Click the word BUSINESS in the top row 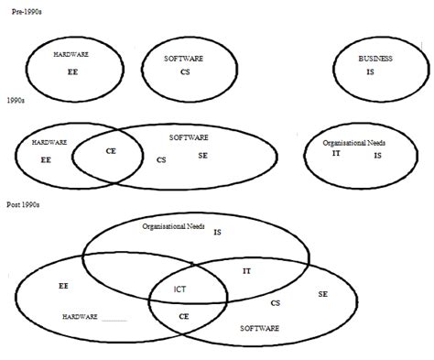375,59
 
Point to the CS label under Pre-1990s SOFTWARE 185,71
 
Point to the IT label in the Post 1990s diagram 246,271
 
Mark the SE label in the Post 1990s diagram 323,294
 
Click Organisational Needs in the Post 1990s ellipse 173,225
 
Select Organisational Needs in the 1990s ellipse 354,144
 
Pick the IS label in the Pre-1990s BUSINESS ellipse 370,71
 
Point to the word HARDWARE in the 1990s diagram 49,143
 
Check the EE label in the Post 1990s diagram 63,286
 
